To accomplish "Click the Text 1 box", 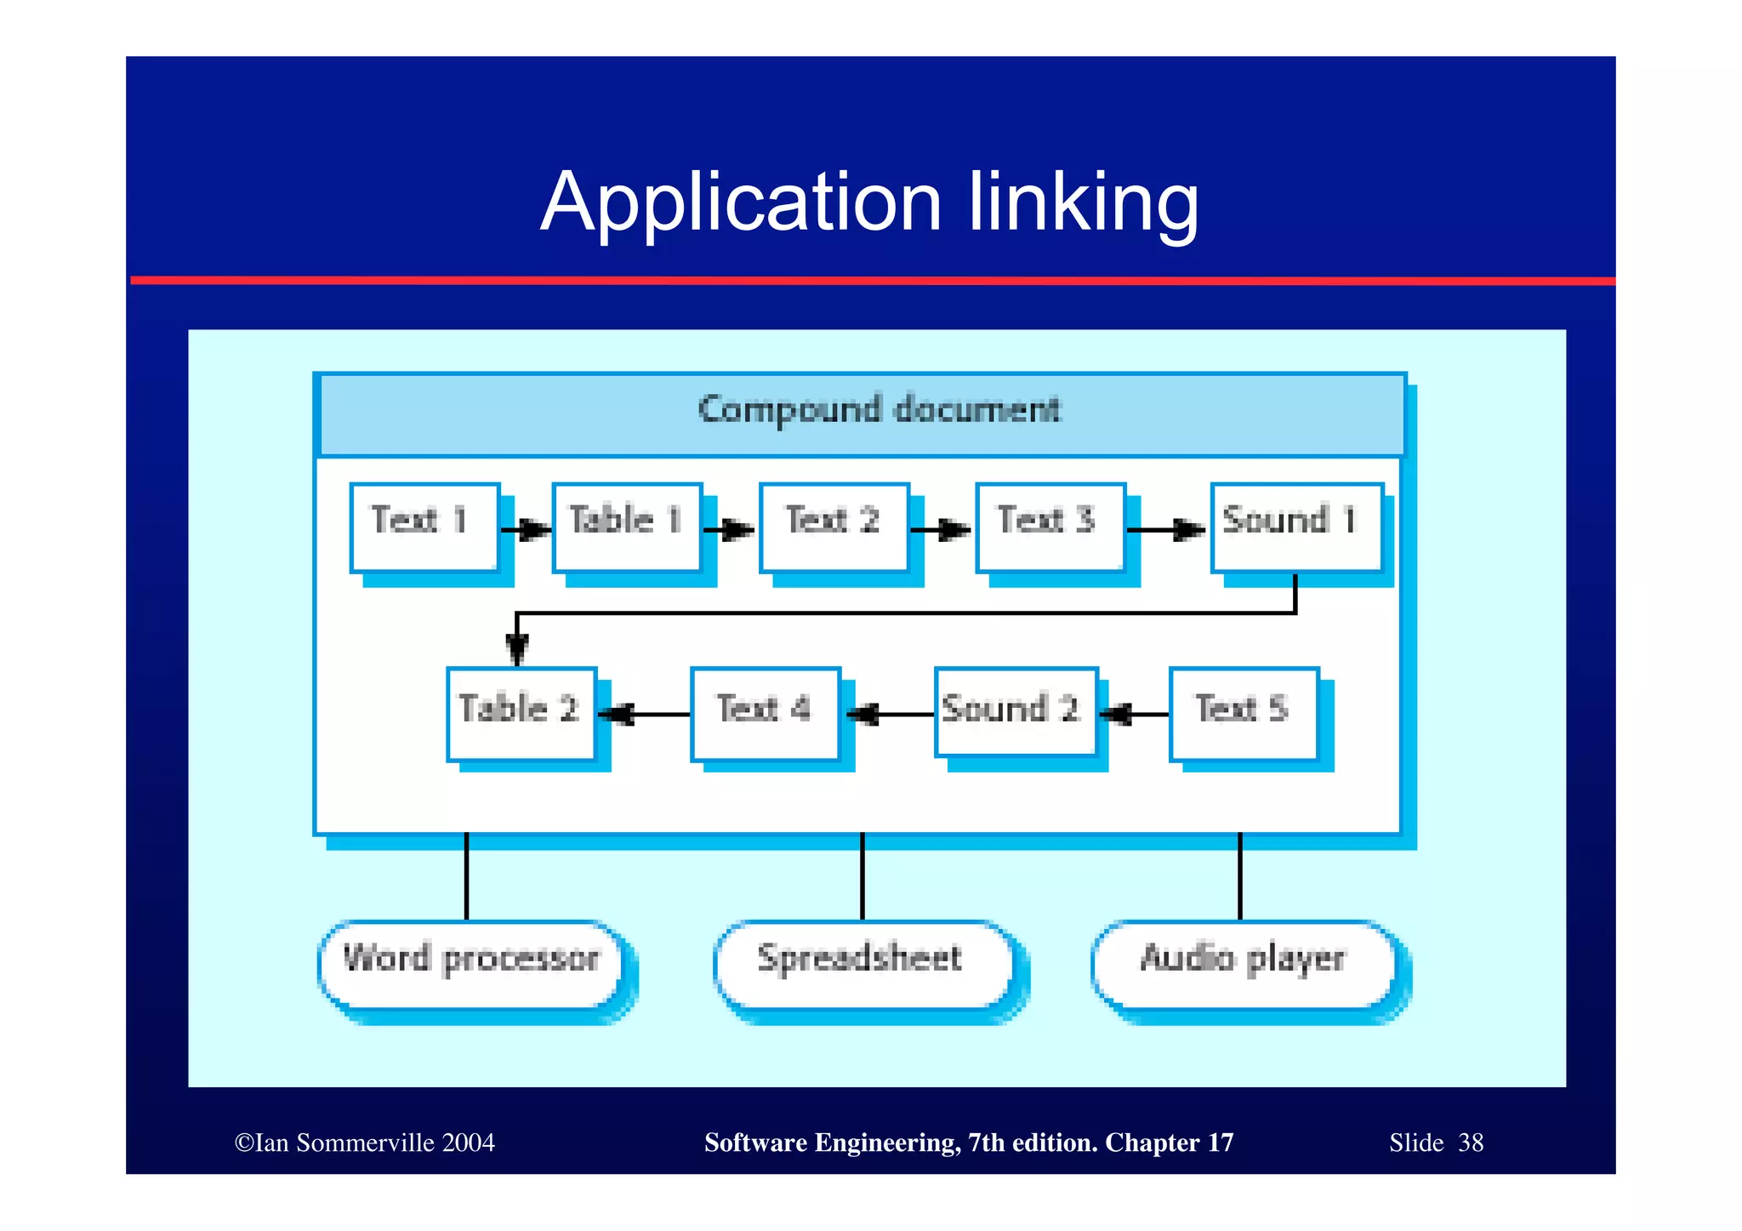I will click(x=424, y=527).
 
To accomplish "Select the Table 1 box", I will click(x=627, y=527).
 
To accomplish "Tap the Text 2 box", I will click(x=834, y=527).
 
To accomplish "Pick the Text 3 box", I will click(x=1050, y=527).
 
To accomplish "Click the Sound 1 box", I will click(x=1296, y=527).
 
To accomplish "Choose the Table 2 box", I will click(x=521, y=714).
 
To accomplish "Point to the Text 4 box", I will click(x=766, y=714).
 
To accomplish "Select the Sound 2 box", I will click(x=1016, y=712).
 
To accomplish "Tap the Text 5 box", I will click(x=1244, y=714).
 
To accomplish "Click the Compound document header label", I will click(x=880, y=411).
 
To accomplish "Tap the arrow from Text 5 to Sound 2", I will click(x=1135, y=714).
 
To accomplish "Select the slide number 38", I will click(x=1471, y=1143).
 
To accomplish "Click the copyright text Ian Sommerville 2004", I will click(x=366, y=1143).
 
